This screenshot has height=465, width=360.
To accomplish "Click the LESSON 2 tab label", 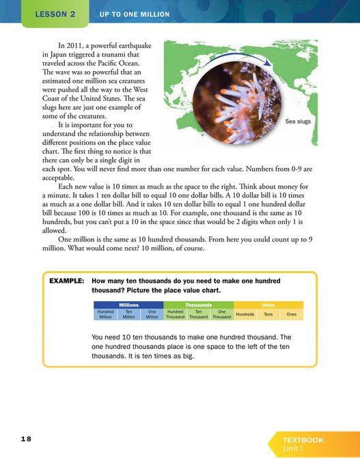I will [55, 14].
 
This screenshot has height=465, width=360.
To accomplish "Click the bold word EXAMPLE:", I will [67, 281].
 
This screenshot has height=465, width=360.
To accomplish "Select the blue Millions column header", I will [128, 305].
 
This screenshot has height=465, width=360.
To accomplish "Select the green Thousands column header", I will [198, 305].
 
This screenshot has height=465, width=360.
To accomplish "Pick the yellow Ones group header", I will [268, 305].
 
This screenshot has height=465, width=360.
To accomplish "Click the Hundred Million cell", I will [105, 314].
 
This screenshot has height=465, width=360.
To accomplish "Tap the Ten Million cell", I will [128, 314].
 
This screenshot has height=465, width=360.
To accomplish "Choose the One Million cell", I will [152, 314].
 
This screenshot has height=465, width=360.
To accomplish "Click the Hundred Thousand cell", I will [176, 314].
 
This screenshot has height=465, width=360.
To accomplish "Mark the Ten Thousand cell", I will [198, 314].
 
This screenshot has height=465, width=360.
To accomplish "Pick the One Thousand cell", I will [221, 314].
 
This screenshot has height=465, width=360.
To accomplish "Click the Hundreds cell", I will [245, 314].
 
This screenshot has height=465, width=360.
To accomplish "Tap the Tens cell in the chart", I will [268, 314].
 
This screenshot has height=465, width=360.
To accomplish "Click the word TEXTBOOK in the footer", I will [303, 440].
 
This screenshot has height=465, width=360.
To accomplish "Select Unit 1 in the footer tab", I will [295, 449].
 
